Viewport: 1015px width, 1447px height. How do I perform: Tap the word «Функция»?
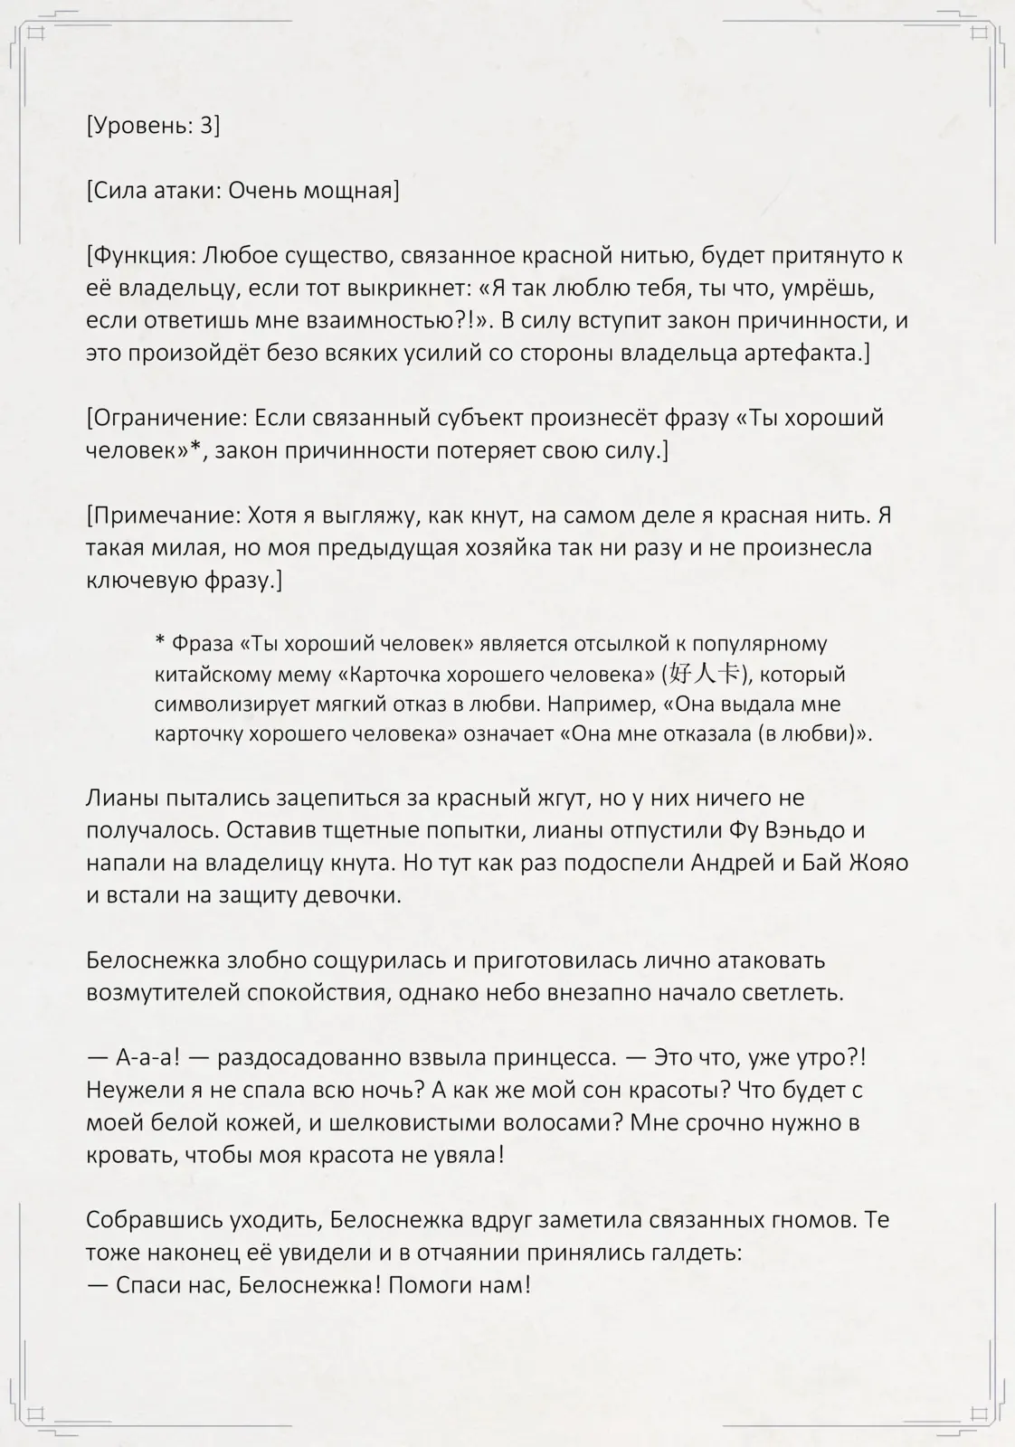(144, 255)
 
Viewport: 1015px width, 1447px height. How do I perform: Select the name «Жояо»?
(877, 863)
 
